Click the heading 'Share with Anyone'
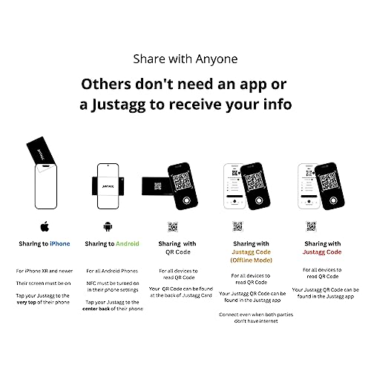point(185,58)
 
